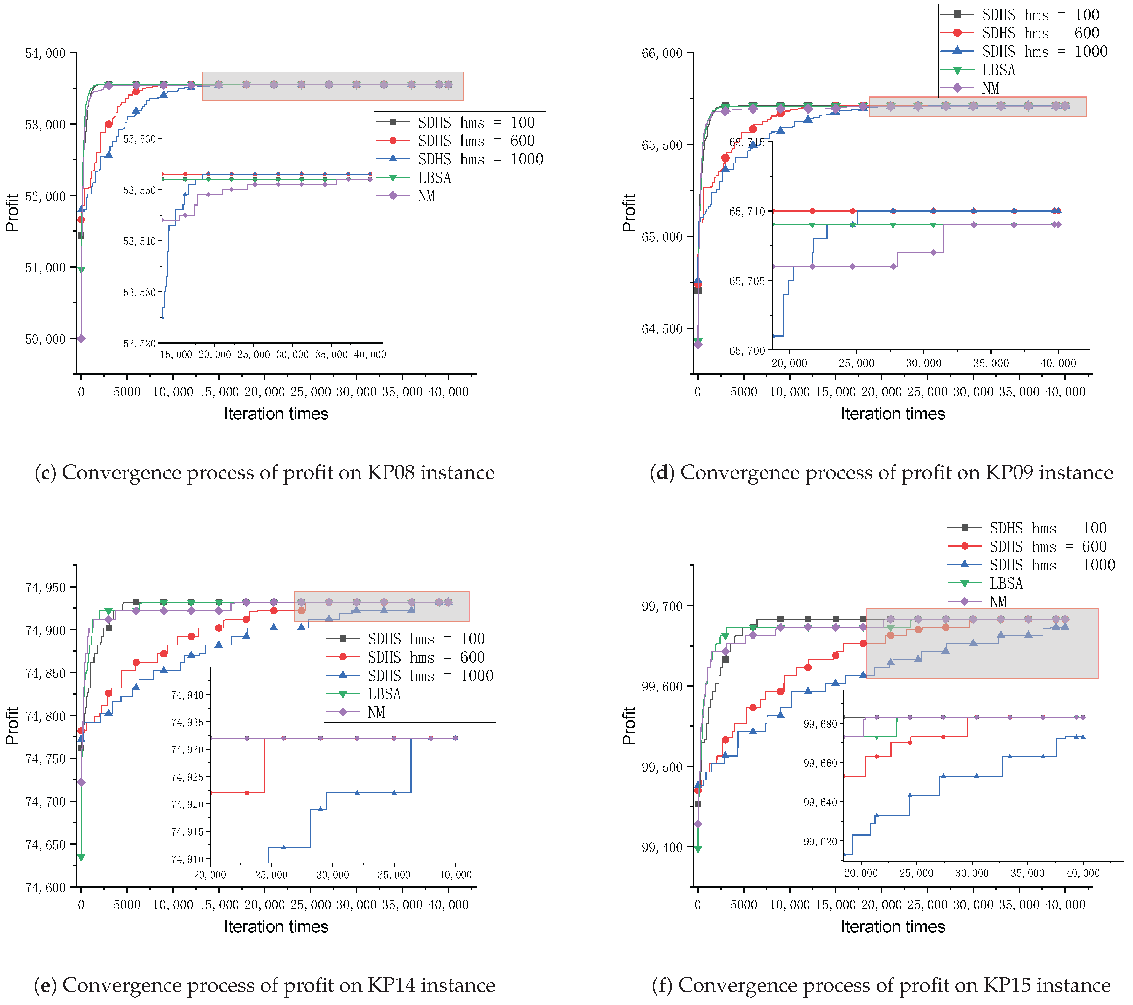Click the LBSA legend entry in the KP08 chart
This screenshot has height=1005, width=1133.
click(434, 178)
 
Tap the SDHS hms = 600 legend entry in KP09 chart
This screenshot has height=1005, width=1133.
click(1040, 33)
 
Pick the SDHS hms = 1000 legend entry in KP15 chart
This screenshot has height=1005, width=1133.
click(1051, 565)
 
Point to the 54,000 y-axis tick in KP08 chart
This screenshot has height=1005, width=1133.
click(45, 53)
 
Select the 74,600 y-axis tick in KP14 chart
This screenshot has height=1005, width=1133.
click(45, 888)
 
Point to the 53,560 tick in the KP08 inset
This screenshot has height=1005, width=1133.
click(139, 139)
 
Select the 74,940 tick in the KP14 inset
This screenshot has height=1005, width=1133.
click(187, 695)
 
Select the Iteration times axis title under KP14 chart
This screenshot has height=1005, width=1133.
click(276, 927)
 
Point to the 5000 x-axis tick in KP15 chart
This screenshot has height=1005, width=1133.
click(743, 905)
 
